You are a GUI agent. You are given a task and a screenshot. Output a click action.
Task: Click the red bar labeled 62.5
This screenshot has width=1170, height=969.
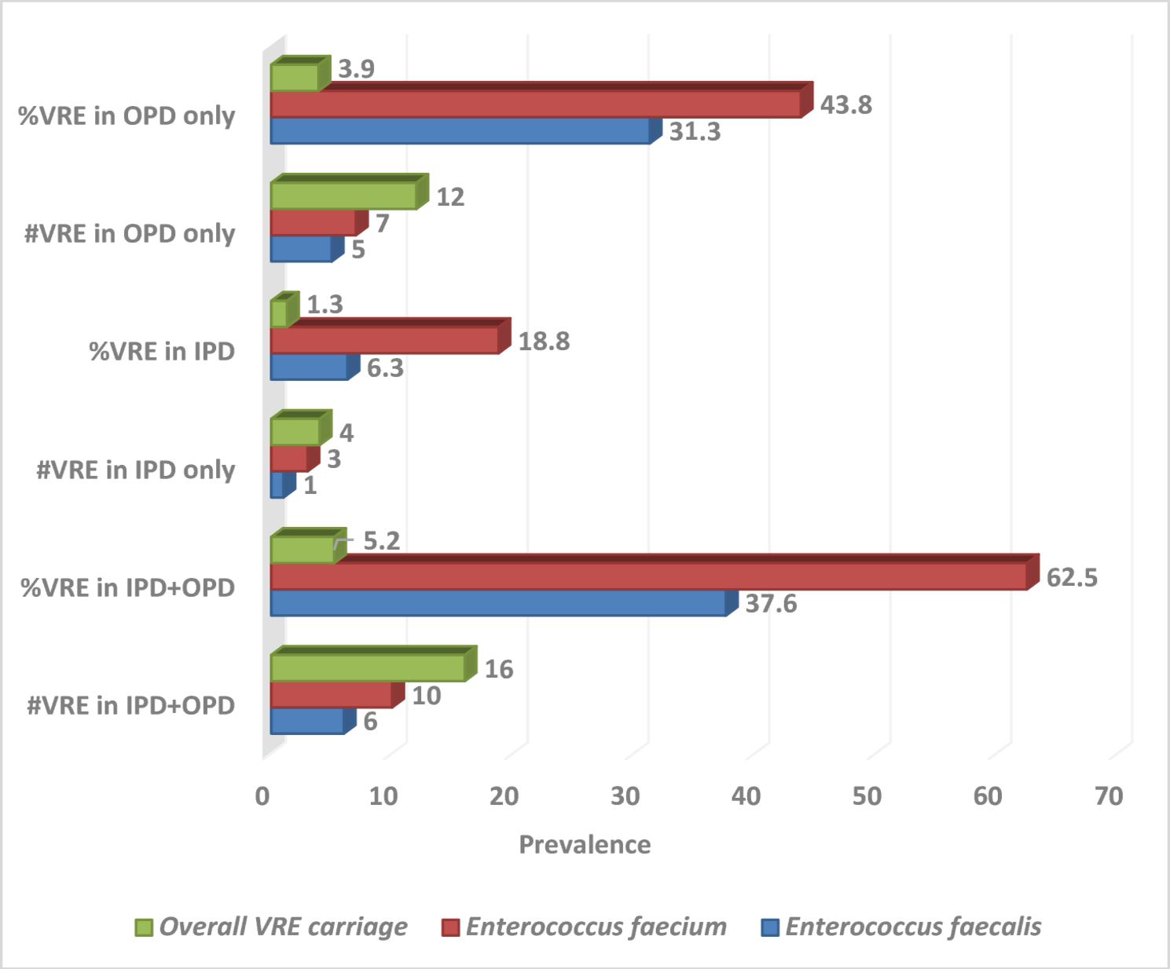click(x=648, y=576)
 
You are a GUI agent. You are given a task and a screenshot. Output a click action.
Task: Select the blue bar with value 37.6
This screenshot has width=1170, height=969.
click(x=498, y=603)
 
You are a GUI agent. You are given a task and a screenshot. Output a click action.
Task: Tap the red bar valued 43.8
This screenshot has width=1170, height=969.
click(x=535, y=104)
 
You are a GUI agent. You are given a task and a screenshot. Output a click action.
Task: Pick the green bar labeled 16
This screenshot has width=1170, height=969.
click(x=368, y=668)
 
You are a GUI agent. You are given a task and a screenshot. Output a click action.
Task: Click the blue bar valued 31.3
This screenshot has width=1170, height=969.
click(x=460, y=131)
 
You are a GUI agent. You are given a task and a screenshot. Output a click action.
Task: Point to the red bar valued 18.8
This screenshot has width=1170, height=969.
click(x=384, y=341)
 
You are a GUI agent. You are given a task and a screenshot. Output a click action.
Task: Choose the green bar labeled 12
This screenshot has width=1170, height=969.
click(x=343, y=196)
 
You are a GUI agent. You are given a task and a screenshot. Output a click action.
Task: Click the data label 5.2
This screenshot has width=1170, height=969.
click(x=381, y=541)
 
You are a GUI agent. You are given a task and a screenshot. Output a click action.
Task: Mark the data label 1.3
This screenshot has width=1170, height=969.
click(x=325, y=305)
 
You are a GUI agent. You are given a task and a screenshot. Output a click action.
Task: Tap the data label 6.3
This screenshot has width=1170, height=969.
click(x=385, y=367)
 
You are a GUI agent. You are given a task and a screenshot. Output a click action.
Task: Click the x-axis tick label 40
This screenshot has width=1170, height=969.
click(x=746, y=796)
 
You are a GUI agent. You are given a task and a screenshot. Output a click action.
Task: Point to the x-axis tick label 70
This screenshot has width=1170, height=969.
click(x=1108, y=796)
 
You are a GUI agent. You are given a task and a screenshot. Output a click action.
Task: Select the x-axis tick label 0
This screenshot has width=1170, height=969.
click(x=262, y=796)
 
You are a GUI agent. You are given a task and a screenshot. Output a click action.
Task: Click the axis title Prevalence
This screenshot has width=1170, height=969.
click(x=585, y=845)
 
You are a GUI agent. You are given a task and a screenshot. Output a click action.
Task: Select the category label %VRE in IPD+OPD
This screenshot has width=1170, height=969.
click(x=128, y=587)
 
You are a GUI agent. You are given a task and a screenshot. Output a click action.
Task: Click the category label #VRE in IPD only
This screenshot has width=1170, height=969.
click(x=136, y=470)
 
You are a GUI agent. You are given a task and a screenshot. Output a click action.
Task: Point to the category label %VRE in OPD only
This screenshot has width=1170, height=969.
click(x=127, y=115)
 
